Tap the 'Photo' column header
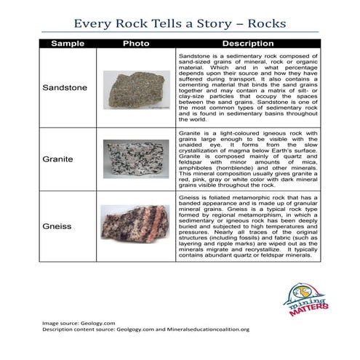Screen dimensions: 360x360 [135, 44]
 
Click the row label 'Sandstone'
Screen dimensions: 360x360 [65, 88]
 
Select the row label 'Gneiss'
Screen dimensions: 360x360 [57, 227]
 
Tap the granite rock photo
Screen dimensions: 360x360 [135, 159]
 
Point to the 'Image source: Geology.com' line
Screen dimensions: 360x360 [79, 322]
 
